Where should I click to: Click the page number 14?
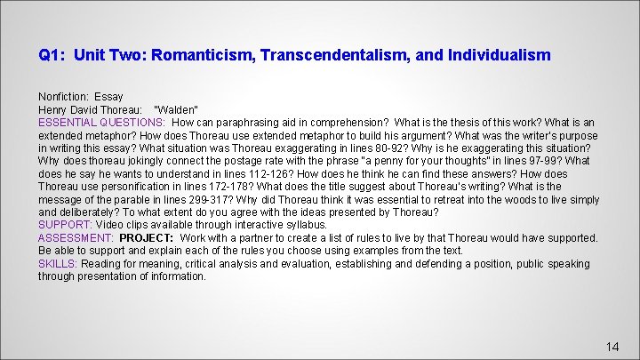tap(612, 347)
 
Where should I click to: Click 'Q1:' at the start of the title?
tap(52, 55)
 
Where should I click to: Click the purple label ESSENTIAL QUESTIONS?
tap(101, 122)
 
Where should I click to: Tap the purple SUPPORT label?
tap(63, 225)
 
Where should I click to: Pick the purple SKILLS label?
tap(57, 264)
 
